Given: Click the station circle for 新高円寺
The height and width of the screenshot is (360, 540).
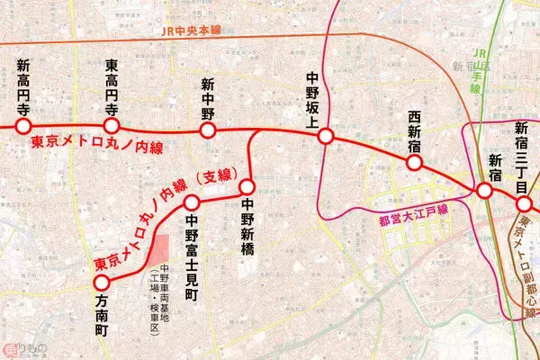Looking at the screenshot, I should click(22, 125).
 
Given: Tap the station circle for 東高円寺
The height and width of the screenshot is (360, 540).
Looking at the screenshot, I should click(112, 125).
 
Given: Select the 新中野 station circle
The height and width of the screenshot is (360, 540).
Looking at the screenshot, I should click(209, 130).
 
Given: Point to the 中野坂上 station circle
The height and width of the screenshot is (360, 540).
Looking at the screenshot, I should click(326, 136).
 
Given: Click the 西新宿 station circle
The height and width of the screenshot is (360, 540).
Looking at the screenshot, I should click(415, 163).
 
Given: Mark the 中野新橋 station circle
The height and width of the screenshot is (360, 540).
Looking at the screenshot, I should click(248, 188).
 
